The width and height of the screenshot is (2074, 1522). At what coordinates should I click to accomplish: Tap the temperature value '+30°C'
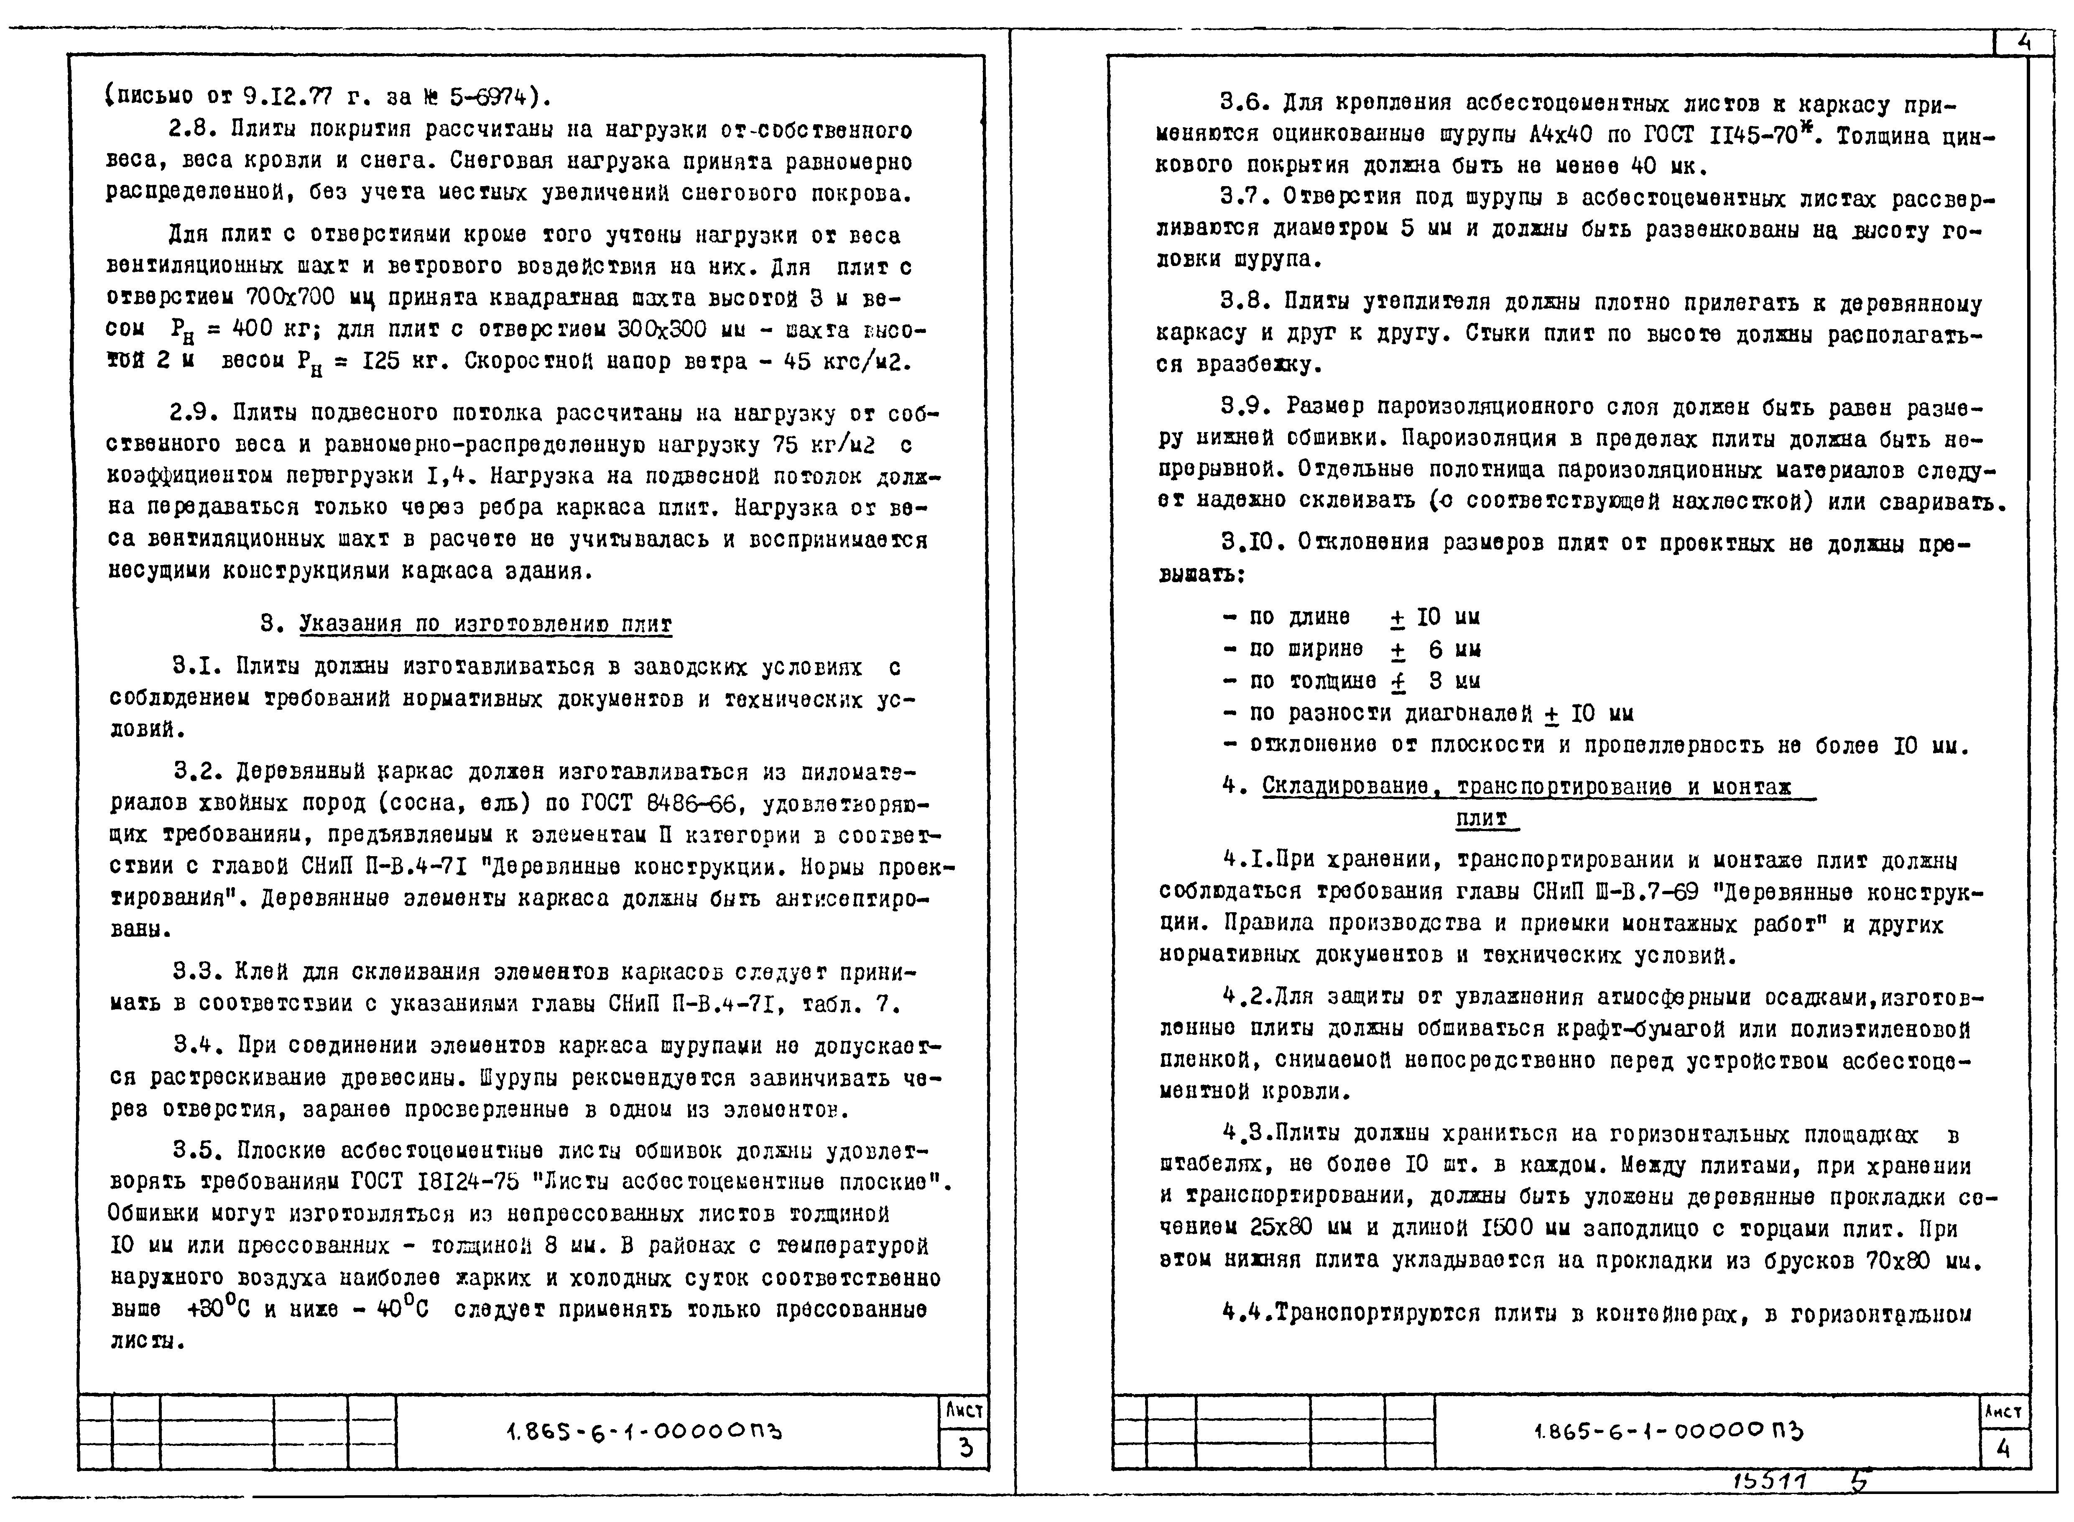tap(218, 1309)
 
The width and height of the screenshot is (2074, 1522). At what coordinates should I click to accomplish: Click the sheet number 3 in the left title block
tap(964, 1448)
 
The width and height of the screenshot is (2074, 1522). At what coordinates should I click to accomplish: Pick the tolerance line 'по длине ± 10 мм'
tap(1350, 617)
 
